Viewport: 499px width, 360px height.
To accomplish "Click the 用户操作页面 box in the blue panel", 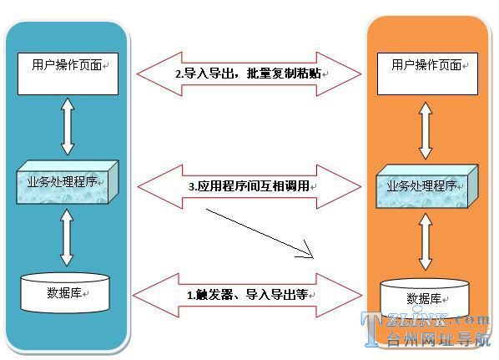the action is (68, 74).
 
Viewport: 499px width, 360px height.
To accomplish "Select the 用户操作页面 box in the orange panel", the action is (427, 74).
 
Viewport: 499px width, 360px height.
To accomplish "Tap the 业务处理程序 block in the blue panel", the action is (68, 182).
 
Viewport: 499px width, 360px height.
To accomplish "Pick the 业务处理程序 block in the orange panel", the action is (427, 186).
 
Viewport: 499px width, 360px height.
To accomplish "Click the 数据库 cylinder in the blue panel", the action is (65, 293).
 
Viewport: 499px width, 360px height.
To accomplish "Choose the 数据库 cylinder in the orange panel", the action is (425, 298).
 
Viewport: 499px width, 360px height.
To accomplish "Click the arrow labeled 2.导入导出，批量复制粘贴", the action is (249, 74).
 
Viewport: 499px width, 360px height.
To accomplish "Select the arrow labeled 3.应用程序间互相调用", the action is (249, 187).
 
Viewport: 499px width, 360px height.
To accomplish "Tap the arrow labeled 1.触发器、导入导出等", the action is (248, 296).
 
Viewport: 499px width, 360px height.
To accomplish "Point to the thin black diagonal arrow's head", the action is (314, 258).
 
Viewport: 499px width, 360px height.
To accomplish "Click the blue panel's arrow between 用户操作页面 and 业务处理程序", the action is (68, 126).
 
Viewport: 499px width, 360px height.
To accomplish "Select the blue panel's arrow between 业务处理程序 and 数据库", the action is (67, 238).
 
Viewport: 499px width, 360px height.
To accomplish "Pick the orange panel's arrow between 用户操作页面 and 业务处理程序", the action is (426, 130).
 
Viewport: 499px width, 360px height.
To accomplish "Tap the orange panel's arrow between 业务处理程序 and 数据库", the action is (426, 241).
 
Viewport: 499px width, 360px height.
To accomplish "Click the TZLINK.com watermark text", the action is (425, 320).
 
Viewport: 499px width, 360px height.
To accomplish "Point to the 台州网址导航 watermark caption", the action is (438, 339).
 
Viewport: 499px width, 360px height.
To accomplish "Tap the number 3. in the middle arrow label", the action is (193, 186).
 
